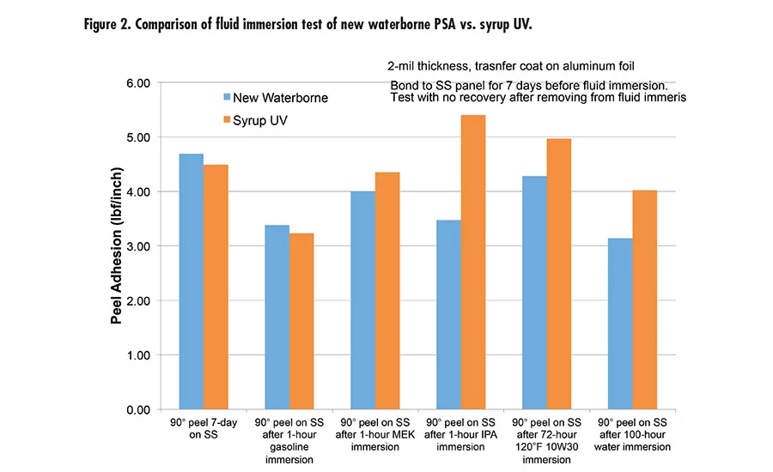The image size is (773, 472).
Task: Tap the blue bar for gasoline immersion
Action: tap(277, 317)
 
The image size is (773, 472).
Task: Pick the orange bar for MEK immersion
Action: tap(387, 291)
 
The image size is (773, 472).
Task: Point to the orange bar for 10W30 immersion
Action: tap(559, 274)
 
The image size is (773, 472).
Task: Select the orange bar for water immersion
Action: tap(645, 300)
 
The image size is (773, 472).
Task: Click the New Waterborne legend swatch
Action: tap(228, 98)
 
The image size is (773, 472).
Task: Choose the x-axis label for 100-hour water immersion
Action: tap(632, 435)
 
